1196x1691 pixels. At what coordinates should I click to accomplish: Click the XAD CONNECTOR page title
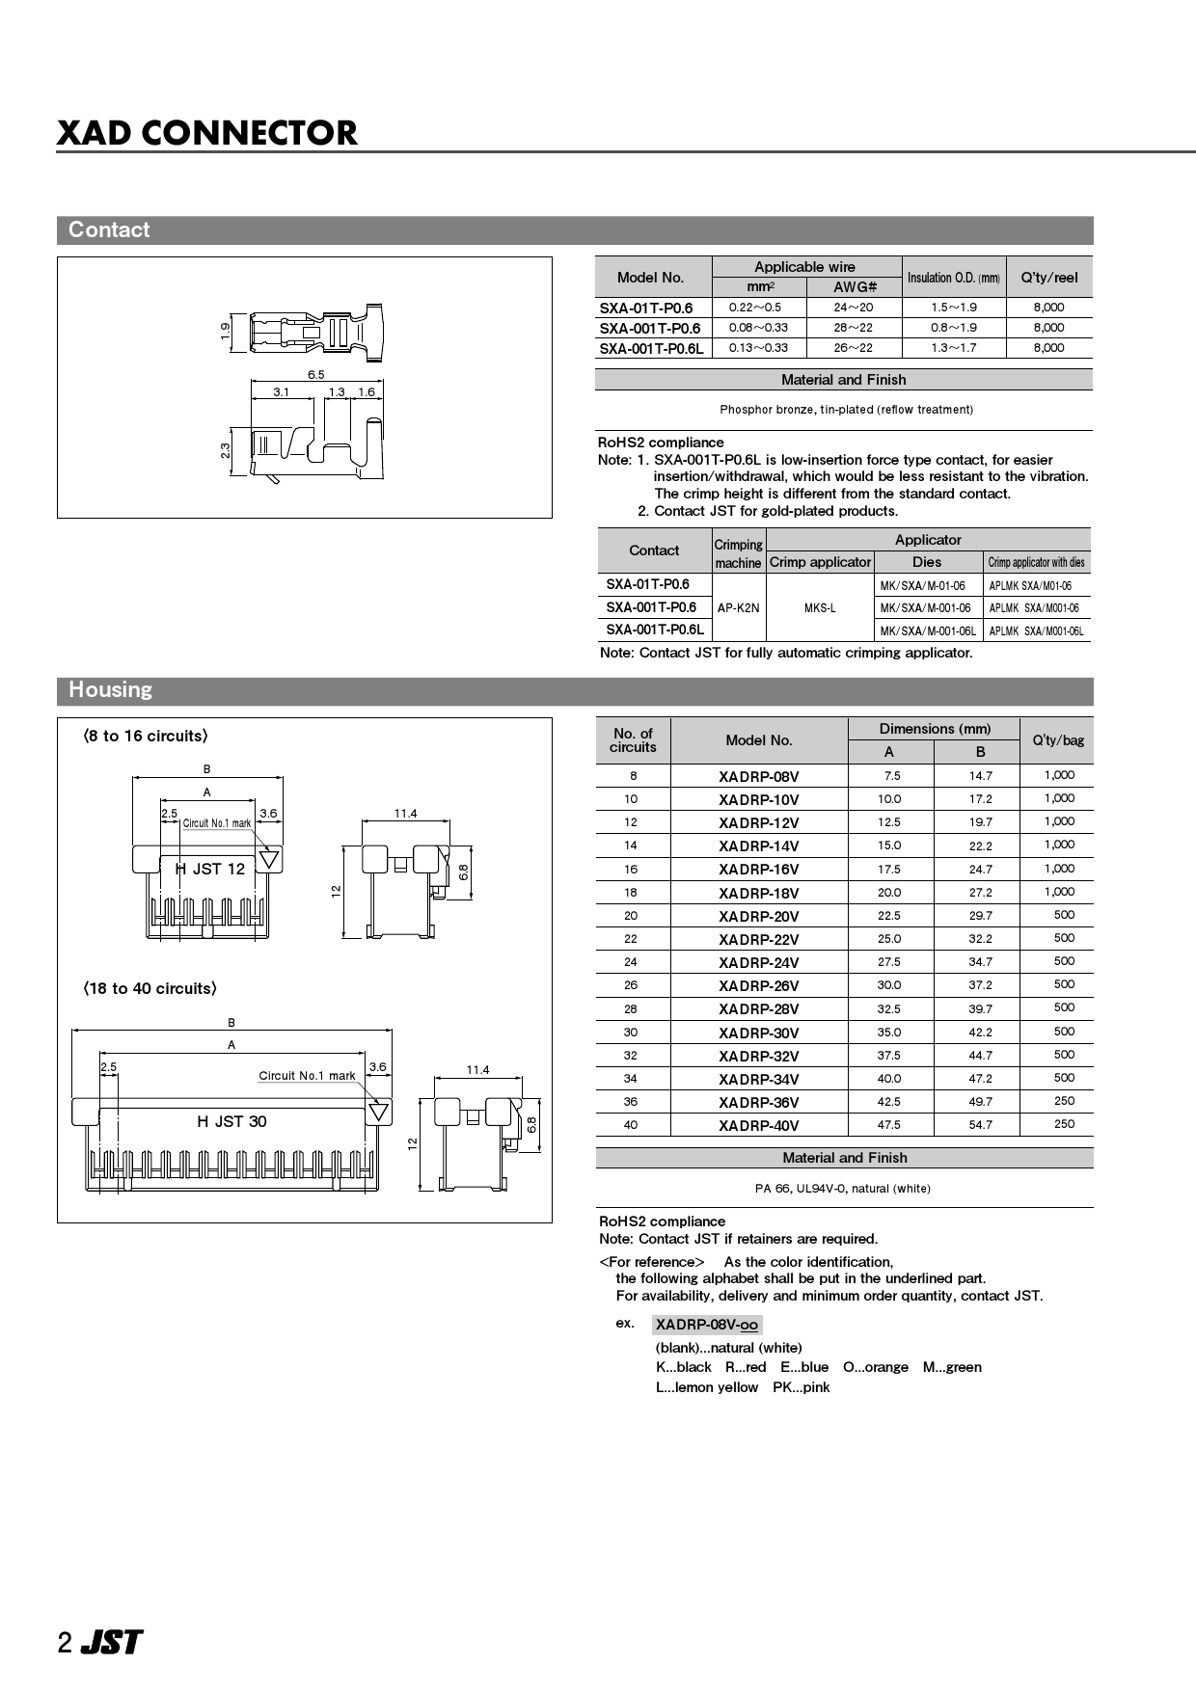[207, 133]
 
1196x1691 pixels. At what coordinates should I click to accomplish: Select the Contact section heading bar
[574, 230]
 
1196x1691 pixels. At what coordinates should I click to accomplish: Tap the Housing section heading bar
[574, 690]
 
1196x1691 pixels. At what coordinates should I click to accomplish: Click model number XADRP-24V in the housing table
[758, 962]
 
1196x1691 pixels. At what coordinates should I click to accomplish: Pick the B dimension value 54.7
[980, 1125]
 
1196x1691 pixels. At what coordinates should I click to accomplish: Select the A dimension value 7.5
[891, 776]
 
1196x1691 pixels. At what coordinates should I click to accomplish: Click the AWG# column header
[854, 287]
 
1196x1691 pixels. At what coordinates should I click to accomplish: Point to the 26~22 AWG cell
[854, 348]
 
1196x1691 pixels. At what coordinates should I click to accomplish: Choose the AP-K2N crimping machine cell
[739, 608]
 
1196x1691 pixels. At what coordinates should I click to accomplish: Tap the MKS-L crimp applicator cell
[820, 608]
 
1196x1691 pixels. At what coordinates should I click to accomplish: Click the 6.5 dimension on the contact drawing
[316, 374]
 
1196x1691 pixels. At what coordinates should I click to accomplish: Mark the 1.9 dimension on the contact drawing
[225, 330]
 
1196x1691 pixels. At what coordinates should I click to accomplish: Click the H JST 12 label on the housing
[210, 869]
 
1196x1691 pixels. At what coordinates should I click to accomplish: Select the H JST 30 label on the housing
[231, 1121]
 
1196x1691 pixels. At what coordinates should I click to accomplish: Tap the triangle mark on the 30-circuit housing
[379, 1112]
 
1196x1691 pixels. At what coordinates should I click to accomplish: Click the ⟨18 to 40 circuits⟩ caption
[149, 988]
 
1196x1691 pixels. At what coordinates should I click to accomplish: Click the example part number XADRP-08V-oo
[707, 1325]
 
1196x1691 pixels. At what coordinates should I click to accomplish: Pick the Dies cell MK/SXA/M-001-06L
[928, 631]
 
